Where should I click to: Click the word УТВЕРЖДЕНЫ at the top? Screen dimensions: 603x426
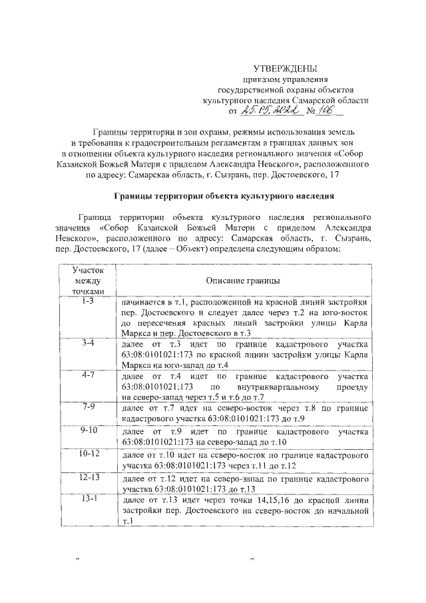click(x=286, y=69)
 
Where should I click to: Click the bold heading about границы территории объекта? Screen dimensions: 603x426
click(x=219, y=196)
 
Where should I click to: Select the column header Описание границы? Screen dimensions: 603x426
click(x=242, y=282)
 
